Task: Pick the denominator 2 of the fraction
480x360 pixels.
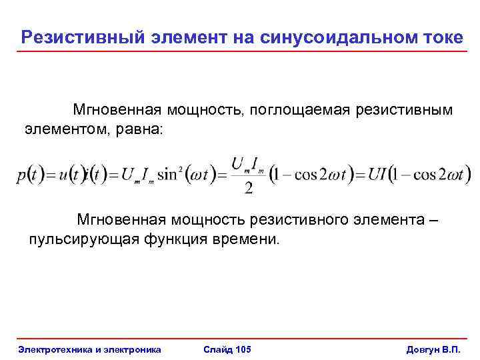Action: (x=248, y=189)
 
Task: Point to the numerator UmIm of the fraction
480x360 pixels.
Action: (x=248, y=163)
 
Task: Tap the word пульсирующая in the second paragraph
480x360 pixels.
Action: (x=83, y=239)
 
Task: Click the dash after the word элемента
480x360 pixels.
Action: (x=435, y=219)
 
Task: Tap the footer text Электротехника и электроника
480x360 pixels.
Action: (x=90, y=349)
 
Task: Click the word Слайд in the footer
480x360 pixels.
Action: (x=216, y=349)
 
